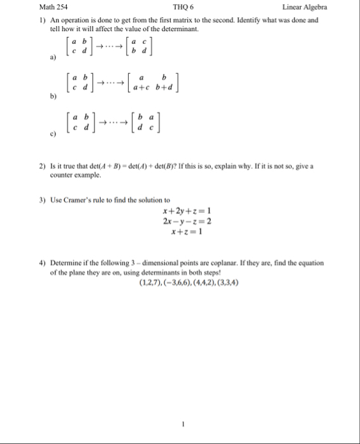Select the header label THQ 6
tap(184, 7)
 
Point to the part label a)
tap(45, 57)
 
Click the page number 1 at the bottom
tap(182, 424)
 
